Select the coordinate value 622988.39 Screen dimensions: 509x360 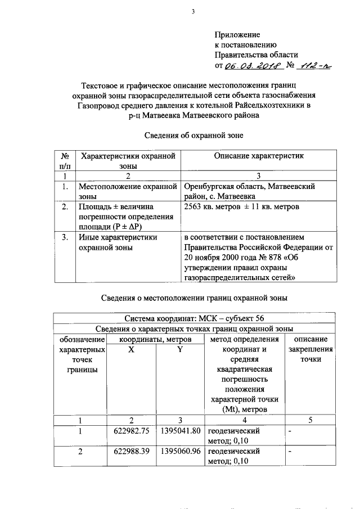pos(132,452)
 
